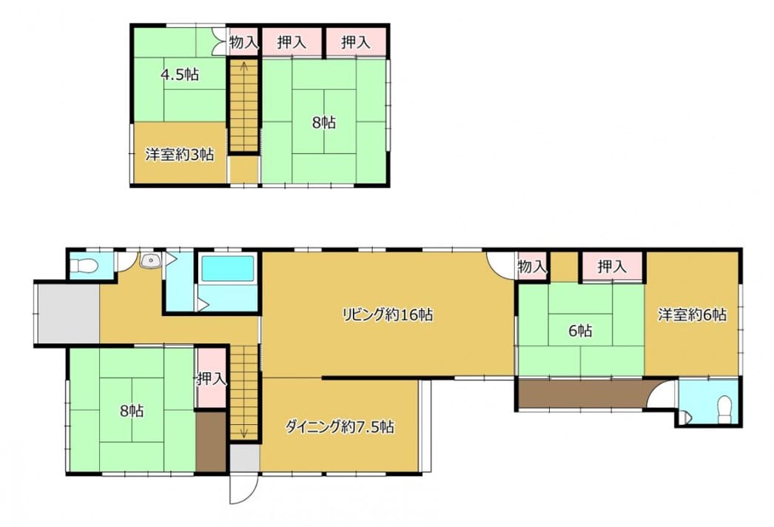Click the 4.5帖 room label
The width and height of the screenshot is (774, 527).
[x=180, y=75]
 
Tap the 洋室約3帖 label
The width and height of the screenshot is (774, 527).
[x=179, y=155]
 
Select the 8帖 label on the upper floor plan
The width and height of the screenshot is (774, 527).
[x=324, y=122]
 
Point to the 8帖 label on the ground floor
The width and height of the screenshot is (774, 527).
[x=132, y=411]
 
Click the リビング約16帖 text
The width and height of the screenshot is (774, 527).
[x=388, y=315]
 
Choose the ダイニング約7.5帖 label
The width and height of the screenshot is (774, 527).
[x=340, y=426]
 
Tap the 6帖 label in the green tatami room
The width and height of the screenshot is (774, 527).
[x=580, y=330]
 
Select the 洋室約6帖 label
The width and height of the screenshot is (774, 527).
[x=692, y=315]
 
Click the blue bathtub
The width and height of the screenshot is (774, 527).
[x=228, y=269]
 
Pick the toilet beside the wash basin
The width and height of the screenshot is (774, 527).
[x=84, y=266]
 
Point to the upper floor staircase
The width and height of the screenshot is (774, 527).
[x=244, y=106]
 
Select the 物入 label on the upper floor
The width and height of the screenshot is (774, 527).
[x=244, y=42]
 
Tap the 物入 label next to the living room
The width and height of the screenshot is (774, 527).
[x=532, y=267]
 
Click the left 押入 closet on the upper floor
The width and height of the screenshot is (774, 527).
[x=292, y=42]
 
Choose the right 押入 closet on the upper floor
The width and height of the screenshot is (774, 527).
[x=355, y=42]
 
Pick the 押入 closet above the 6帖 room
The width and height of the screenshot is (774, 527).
[x=612, y=267]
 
